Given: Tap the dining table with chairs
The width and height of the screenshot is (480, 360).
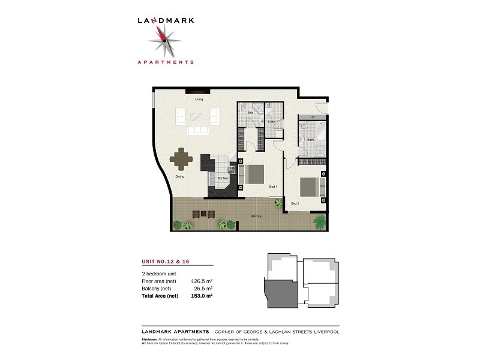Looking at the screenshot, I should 182,160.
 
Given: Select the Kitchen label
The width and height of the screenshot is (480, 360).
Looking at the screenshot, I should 222,178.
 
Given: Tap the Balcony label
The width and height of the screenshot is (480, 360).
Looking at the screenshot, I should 256,216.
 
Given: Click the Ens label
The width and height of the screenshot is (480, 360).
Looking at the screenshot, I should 251,113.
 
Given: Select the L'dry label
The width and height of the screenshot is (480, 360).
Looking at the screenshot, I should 271,122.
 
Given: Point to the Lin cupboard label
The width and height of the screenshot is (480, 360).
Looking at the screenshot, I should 313,116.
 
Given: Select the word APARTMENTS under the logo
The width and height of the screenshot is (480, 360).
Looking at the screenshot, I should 164,61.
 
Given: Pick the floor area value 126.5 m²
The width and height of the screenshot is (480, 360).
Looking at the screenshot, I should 202,280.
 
